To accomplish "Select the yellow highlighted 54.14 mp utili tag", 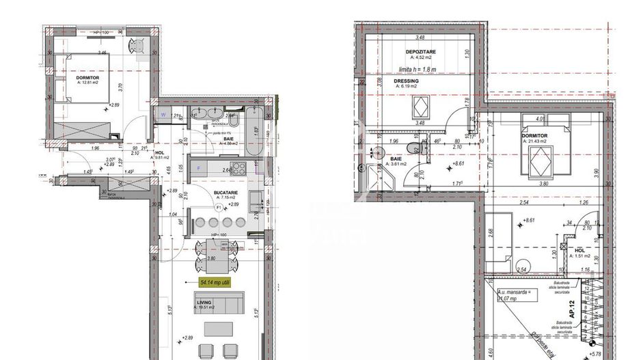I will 215,281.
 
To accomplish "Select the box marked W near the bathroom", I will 164,115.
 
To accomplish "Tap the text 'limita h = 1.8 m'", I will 418,69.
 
